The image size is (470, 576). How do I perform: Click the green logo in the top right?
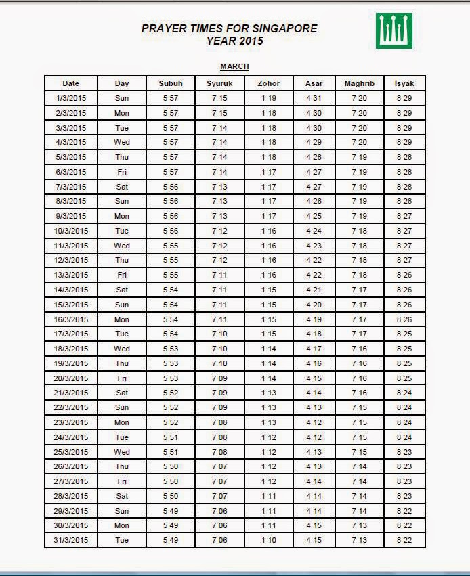tap(394, 31)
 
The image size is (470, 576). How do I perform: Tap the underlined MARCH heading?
tap(234, 66)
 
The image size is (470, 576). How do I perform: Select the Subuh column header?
tap(171, 83)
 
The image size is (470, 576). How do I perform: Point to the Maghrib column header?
tap(359, 83)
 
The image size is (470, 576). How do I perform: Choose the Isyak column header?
tap(404, 83)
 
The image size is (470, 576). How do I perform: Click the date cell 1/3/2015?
tap(71, 98)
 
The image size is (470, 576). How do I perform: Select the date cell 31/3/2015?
tap(71, 540)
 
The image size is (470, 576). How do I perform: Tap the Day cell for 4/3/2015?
tap(122, 142)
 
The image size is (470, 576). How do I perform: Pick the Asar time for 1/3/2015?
tap(314, 98)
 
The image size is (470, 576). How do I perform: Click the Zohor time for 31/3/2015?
tap(268, 540)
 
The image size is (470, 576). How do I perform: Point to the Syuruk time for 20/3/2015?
tap(219, 378)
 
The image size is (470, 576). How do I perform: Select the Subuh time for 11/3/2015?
tap(171, 246)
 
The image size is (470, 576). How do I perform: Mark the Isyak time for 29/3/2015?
tap(404, 511)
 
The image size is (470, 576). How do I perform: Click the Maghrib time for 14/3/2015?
tap(359, 290)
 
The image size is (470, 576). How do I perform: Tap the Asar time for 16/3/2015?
tap(314, 319)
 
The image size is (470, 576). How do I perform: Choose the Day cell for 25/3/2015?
tap(122, 452)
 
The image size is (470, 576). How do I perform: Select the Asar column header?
tap(314, 83)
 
